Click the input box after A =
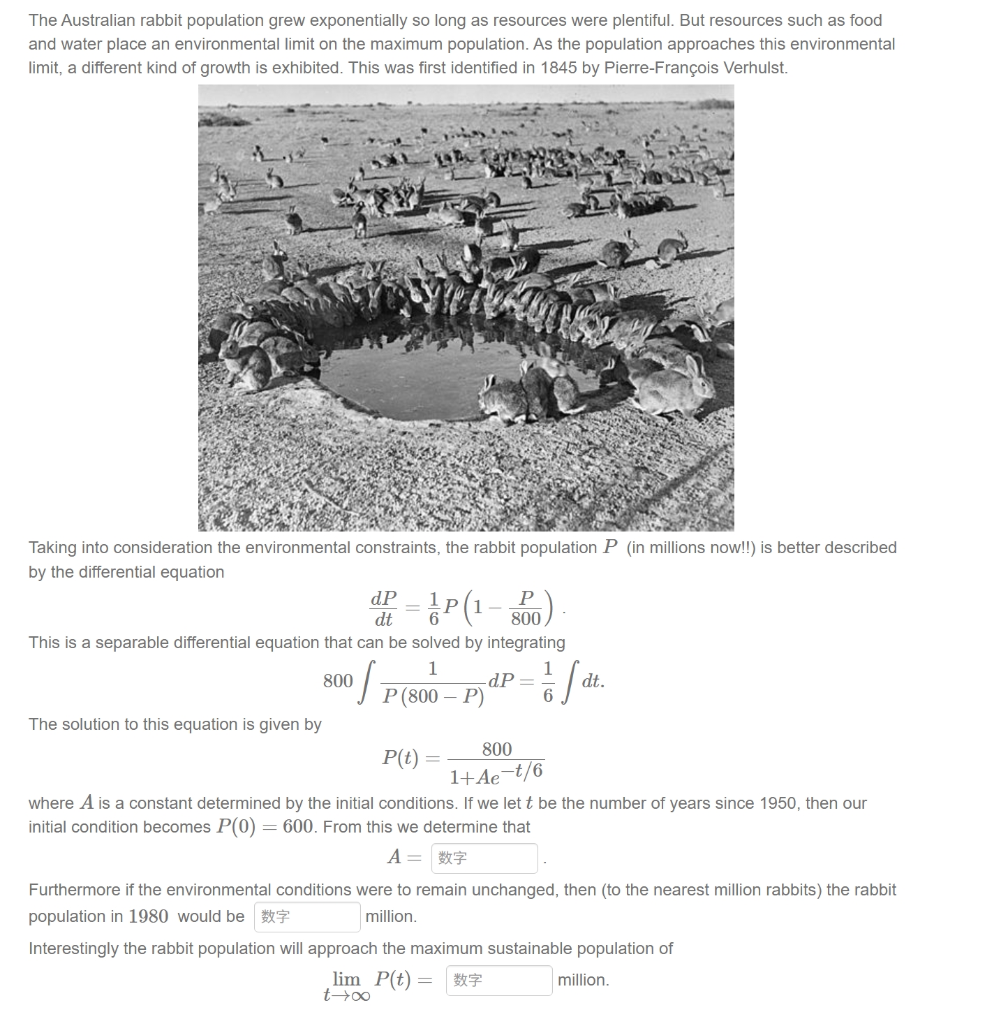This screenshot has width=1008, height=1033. point(484,858)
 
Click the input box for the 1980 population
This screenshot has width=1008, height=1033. point(308,916)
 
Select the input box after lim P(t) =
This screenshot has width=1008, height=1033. point(498,980)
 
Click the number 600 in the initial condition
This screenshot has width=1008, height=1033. point(298,826)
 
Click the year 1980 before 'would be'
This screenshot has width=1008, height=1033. point(148,916)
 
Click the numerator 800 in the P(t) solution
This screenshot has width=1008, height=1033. point(497,749)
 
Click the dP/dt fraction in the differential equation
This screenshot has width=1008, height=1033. point(383,608)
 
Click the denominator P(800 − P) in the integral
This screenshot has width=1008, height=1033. point(433,696)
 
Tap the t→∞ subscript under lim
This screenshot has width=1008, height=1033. point(346,995)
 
